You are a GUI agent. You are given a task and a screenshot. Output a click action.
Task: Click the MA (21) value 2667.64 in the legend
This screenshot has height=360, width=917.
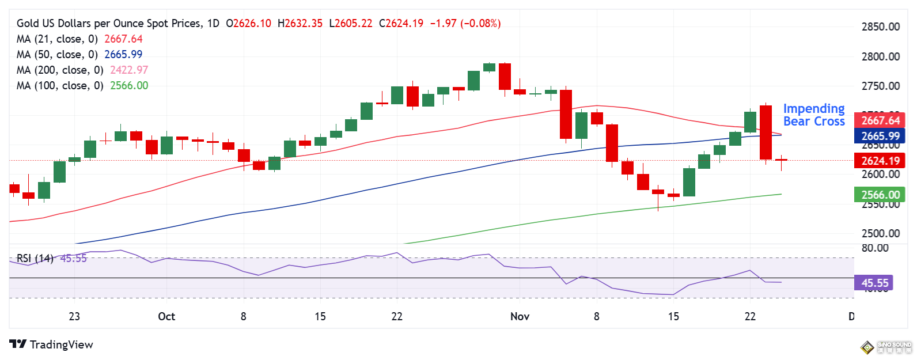[123, 39]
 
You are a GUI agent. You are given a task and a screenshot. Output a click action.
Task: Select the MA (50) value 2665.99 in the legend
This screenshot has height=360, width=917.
[123, 55]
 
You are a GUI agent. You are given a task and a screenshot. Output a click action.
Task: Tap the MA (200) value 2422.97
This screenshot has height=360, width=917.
[129, 70]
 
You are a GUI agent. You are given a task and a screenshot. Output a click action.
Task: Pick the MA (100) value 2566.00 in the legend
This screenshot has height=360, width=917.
[129, 86]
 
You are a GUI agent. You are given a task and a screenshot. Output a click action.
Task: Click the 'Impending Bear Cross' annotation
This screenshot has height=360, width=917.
[813, 115]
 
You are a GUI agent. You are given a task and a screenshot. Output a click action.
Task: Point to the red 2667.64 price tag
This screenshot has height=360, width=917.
[880, 120]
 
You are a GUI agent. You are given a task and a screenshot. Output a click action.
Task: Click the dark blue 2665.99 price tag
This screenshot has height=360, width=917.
[880, 136]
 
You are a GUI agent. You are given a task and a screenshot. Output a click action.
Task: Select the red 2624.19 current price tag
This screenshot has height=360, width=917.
[880, 161]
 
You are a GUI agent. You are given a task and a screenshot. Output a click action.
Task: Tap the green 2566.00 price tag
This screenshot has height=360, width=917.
[880, 195]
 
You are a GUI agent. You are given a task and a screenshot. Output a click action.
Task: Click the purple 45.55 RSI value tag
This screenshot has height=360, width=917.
[874, 283]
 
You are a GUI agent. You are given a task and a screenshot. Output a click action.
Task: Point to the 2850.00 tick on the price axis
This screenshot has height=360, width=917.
[880, 27]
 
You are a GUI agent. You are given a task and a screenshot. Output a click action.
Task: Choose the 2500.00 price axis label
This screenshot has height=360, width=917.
[880, 233]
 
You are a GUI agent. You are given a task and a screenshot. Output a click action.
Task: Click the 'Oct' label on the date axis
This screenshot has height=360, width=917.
[166, 316]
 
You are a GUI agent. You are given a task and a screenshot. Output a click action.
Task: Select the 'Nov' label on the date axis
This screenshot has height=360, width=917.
[520, 316]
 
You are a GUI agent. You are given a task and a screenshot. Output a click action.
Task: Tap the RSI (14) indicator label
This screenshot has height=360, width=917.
[35, 259]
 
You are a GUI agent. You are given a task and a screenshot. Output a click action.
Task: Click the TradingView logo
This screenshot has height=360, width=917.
[51, 344]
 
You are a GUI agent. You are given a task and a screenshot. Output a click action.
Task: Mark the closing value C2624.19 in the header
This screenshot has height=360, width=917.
[401, 24]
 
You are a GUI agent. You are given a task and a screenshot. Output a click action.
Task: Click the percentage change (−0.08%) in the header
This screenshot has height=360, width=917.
[480, 24]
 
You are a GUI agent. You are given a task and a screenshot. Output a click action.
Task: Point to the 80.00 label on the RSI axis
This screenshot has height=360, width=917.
[874, 248]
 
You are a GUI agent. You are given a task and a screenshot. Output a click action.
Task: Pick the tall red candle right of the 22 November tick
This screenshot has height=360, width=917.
[766, 132]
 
